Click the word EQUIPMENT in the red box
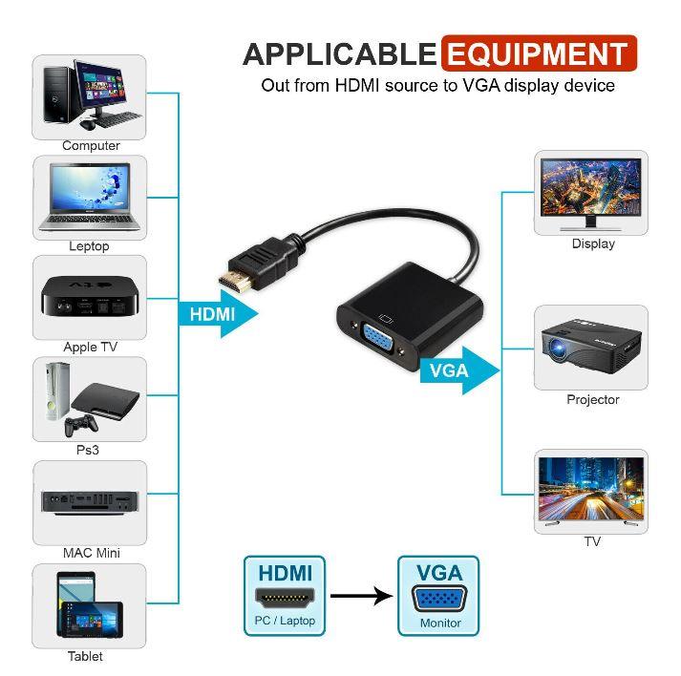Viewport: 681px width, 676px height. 539,53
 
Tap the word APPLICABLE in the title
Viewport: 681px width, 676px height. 339,53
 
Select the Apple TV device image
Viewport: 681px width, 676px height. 90,296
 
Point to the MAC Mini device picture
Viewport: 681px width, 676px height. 90,499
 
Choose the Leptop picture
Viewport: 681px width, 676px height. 90,197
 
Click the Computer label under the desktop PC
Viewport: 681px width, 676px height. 91,146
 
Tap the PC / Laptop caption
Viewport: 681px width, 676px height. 285,622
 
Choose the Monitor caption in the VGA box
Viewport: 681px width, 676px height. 439,623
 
